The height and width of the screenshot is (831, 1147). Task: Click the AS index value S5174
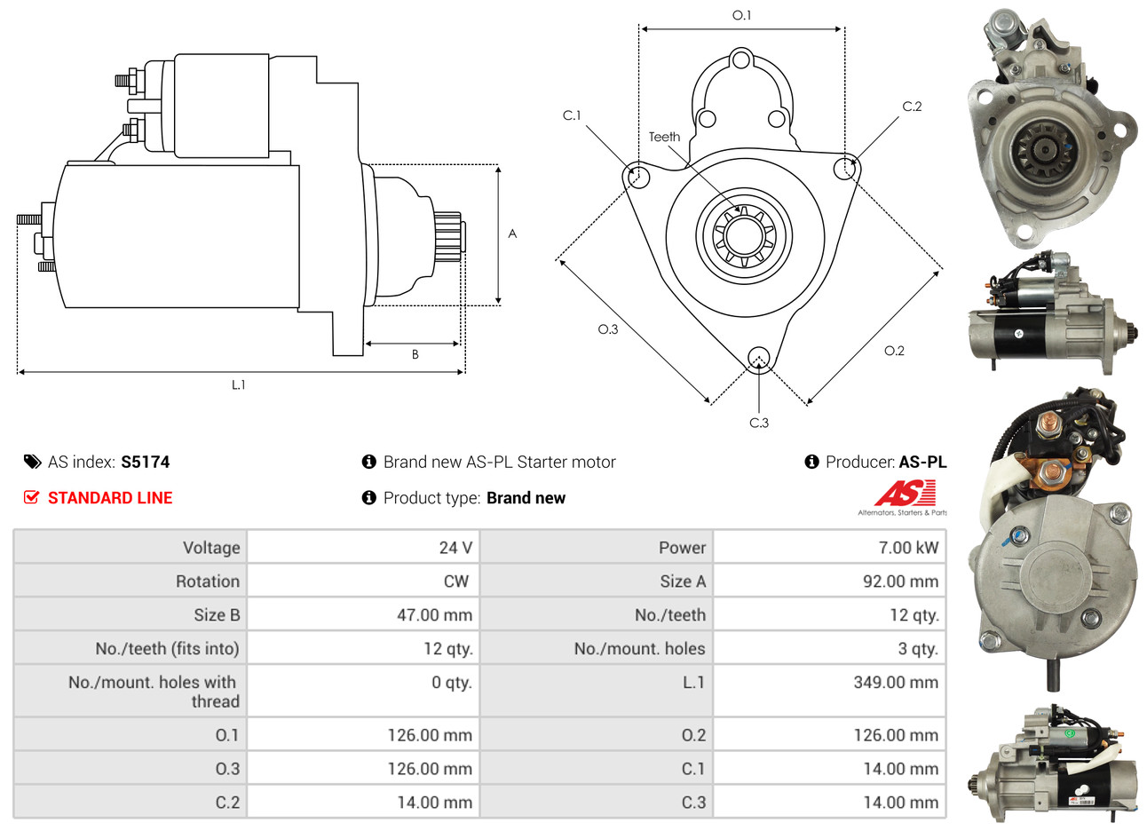145,463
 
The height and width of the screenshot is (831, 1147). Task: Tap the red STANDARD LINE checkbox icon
31,497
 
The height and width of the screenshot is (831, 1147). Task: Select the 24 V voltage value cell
455,548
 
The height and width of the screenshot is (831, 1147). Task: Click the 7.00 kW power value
908,548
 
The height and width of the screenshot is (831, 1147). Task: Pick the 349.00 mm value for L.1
896,683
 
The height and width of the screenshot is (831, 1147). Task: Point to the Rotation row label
208,582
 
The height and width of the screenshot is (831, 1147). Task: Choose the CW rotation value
456,582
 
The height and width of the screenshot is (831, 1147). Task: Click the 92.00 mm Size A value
900,582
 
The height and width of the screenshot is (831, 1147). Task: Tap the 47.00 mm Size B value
434,615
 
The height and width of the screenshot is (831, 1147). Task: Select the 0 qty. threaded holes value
452,683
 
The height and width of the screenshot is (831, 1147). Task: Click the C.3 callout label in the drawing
759,423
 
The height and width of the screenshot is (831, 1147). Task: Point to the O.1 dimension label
741,15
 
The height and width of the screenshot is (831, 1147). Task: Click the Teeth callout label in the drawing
664,137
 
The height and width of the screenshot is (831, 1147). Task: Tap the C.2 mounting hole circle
844,169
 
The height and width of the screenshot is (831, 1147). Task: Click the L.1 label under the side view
238,385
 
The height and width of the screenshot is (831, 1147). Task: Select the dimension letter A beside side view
512,234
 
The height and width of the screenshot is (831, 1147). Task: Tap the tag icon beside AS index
33,462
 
